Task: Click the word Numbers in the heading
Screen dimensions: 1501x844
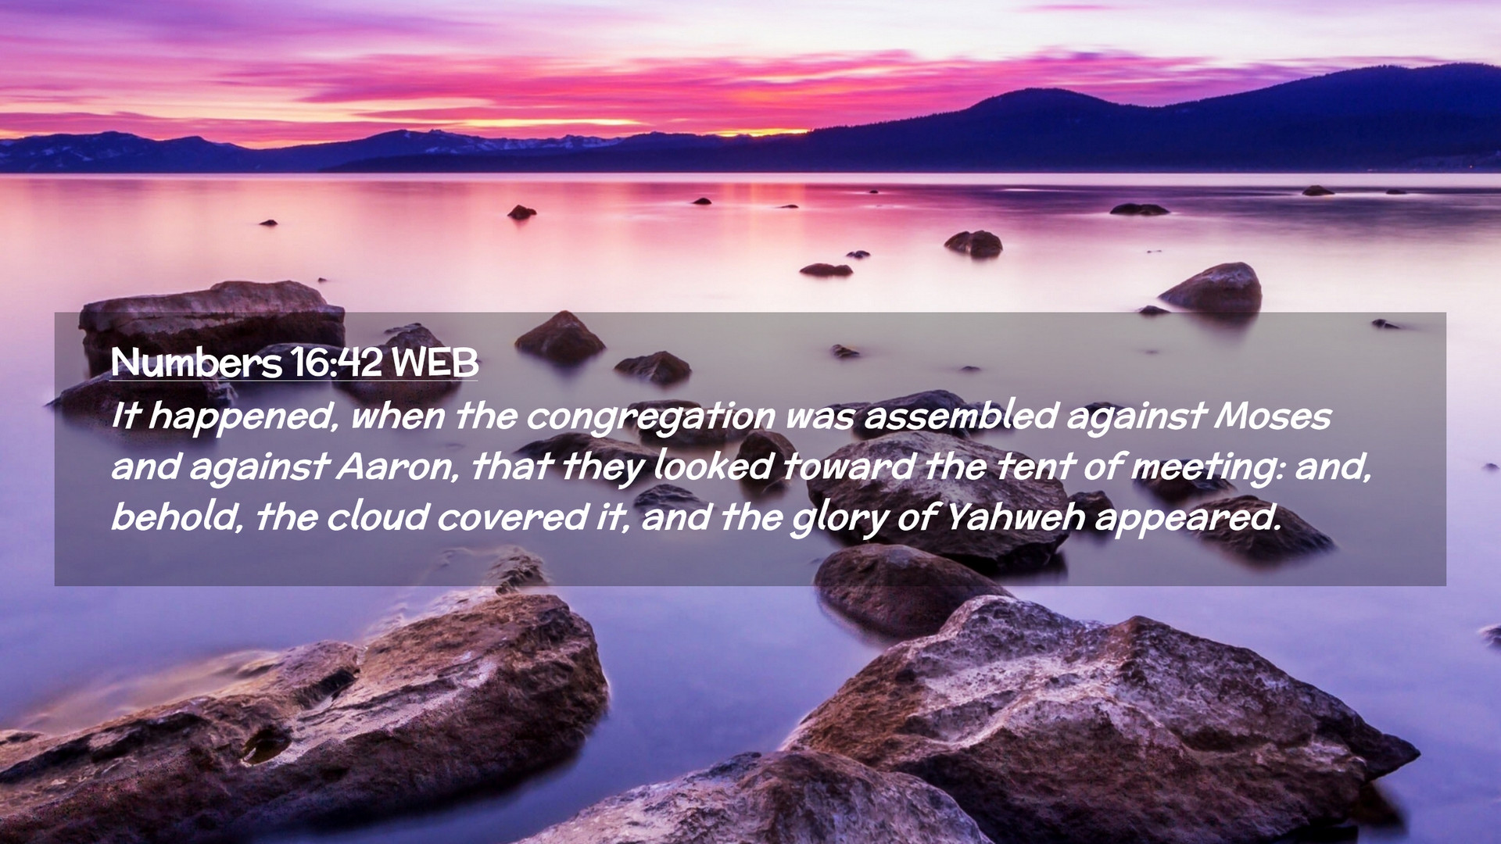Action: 195,362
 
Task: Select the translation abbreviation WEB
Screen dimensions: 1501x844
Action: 435,362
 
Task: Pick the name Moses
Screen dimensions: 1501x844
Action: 1272,416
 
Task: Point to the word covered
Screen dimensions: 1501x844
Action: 512,517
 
